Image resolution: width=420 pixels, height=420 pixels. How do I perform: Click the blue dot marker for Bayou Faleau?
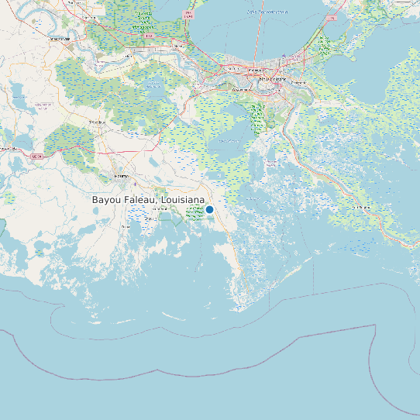(x=209, y=209)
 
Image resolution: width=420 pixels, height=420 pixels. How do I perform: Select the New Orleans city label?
(x=271, y=79)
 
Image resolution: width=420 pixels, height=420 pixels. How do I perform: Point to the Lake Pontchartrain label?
(x=267, y=12)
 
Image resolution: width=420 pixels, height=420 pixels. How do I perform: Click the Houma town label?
(x=121, y=177)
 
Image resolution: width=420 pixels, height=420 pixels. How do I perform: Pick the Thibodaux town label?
(x=97, y=122)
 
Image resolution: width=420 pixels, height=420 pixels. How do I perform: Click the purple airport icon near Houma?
(x=135, y=184)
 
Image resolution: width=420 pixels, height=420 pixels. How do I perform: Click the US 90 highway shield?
(x=35, y=156)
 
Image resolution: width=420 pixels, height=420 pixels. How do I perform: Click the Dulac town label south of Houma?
(x=126, y=226)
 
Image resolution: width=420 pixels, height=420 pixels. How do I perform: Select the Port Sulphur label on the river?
(x=358, y=208)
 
